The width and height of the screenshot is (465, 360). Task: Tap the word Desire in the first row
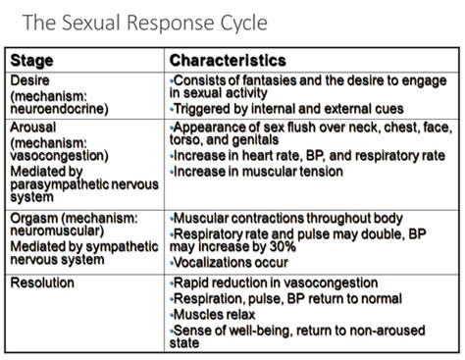[31, 79]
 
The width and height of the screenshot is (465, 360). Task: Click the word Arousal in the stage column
[34, 127]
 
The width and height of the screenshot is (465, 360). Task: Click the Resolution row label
[45, 283]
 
